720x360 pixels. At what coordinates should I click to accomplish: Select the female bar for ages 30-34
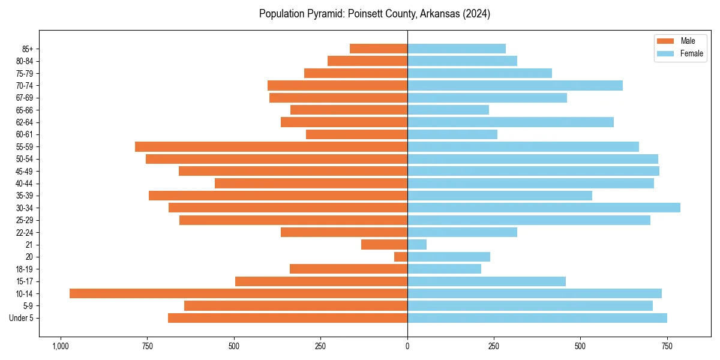click(544, 208)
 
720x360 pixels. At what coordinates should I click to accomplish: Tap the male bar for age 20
click(401, 257)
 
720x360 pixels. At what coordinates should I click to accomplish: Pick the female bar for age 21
click(417, 245)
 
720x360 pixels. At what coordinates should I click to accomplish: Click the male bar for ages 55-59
click(271, 146)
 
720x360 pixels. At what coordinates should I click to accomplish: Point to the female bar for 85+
click(457, 49)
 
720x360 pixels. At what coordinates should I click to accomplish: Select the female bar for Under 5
click(537, 318)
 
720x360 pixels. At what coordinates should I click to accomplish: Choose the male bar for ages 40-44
click(311, 183)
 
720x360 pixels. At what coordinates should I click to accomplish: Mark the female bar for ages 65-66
click(448, 110)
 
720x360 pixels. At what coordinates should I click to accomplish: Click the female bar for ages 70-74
click(515, 85)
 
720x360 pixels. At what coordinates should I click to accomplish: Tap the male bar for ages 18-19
click(349, 269)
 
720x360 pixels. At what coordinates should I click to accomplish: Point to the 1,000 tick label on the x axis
click(60, 346)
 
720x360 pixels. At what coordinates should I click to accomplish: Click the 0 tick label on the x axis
click(407, 346)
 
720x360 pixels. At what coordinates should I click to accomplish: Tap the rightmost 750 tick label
click(667, 346)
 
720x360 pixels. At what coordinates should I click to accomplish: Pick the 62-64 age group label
click(24, 122)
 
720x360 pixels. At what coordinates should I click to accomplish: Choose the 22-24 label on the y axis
click(24, 233)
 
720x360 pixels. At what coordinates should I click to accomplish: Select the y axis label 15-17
click(24, 281)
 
